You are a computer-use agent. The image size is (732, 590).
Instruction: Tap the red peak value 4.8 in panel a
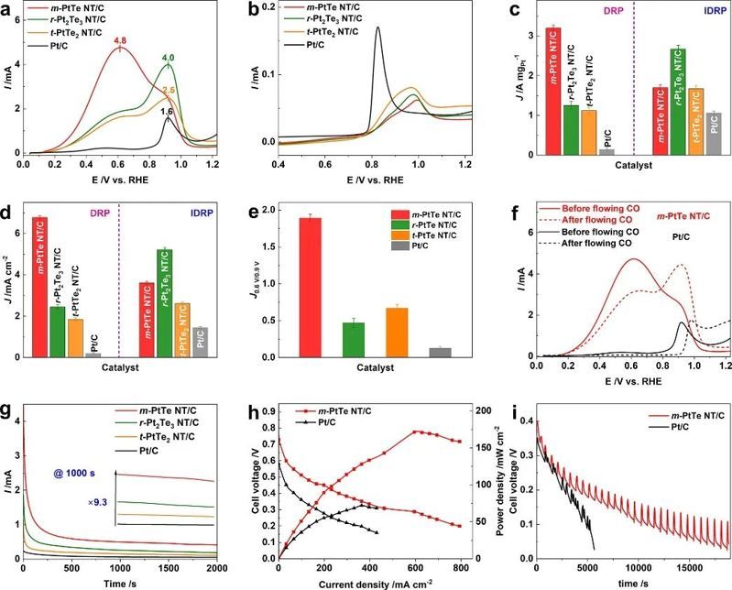[119, 39]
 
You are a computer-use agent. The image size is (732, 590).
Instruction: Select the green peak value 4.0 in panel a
[168, 59]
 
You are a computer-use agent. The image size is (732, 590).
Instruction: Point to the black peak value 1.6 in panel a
[167, 111]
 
